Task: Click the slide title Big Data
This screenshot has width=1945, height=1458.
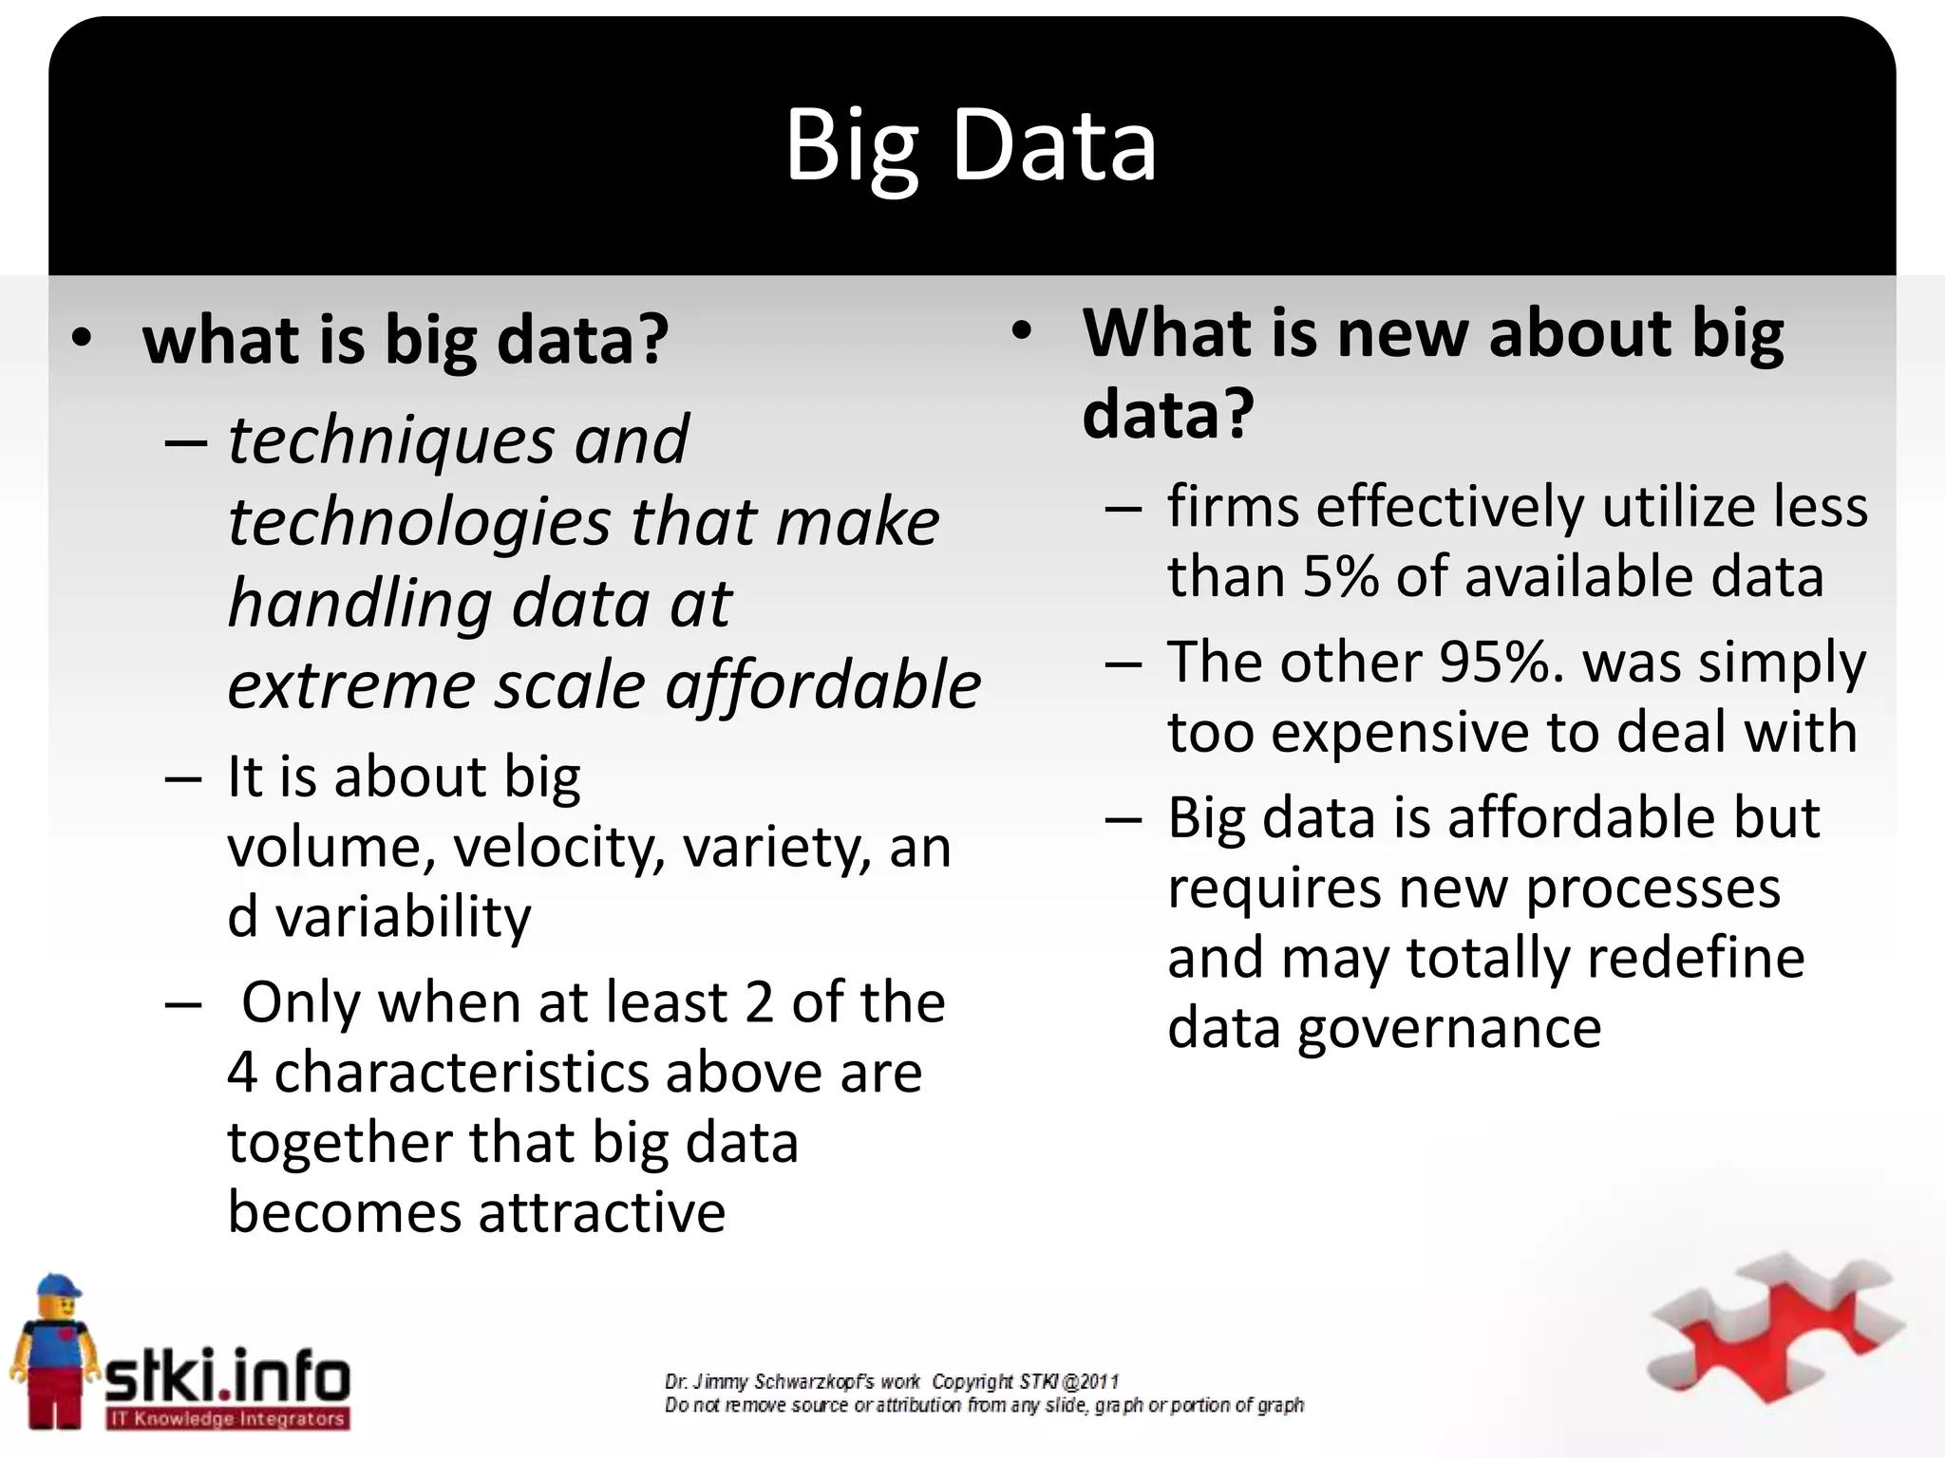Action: [x=971, y=145]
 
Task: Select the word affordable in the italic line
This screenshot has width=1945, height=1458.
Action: [x=822, y=685]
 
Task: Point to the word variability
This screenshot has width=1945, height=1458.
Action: [x=403, y=917]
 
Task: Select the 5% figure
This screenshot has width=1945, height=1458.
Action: [x=1339, y=576]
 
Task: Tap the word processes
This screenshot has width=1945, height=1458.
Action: [x=1652, y=888]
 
